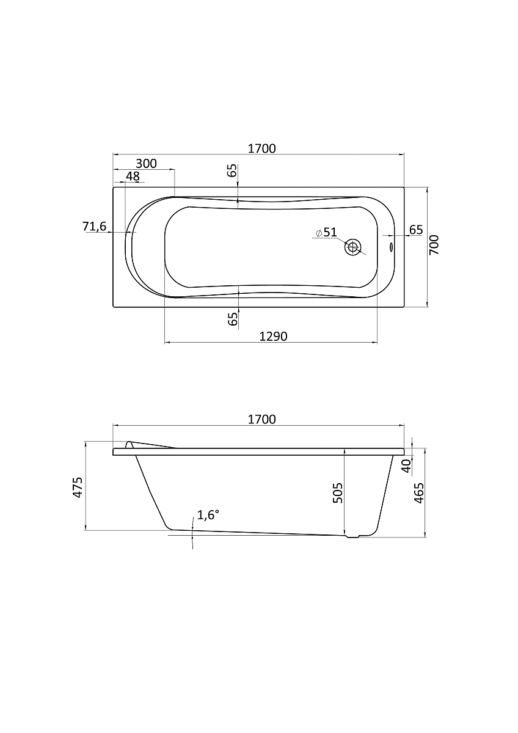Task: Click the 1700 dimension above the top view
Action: coord(262,148)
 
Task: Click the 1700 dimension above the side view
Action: coord(262,419)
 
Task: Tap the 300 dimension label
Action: coord(146,163)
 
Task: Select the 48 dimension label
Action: coord(133,177)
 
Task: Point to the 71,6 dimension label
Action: coord(94,226)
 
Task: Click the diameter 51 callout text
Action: coord(327,232)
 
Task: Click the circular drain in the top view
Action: coord(352,247)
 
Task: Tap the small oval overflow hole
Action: coord(392,247)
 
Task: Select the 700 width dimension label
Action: coord(434,245)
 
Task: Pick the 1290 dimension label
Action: coord(273,336)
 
